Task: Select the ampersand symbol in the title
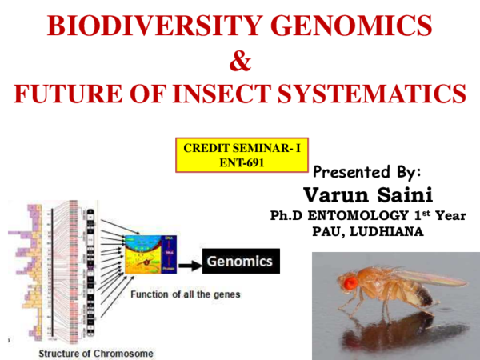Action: (239, 61)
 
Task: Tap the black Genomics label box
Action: (239, 262)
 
